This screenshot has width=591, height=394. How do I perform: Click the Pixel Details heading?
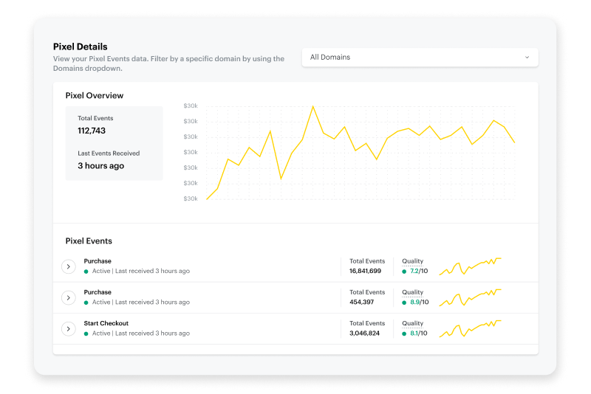(80, 46)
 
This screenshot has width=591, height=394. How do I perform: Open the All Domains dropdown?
(420, 57)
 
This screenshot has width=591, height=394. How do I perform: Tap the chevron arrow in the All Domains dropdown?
(527, 57)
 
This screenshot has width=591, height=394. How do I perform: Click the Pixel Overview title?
(94, 95)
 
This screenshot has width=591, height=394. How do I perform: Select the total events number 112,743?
(92, 131)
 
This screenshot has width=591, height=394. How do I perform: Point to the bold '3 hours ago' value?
(100, 166)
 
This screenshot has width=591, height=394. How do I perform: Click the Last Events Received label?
(109, 153)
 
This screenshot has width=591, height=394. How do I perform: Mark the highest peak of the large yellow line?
(313, 106)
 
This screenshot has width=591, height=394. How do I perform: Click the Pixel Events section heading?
(89, 241)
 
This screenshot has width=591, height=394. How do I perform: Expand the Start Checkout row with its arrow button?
(69, 328)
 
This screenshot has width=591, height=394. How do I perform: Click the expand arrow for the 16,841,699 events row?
(69, 266)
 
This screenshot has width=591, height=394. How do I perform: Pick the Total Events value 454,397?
(361, 303)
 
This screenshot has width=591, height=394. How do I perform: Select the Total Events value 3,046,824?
(364, 333)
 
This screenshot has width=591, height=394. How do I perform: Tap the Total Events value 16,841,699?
(365, 272)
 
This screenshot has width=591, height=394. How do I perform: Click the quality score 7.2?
(414, 272)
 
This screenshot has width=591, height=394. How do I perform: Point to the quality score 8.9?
(414, 303)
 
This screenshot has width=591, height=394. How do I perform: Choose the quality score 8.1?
(414, 333)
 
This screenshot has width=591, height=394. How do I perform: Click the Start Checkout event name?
(106, 323)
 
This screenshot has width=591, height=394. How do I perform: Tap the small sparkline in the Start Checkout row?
(470, 329)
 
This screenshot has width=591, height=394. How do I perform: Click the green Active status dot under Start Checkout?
(86, 333)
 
